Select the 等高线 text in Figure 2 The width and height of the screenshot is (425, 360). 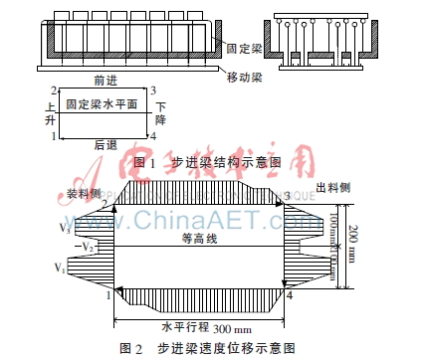(198, 239)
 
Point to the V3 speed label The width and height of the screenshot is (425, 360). (92, 228)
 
